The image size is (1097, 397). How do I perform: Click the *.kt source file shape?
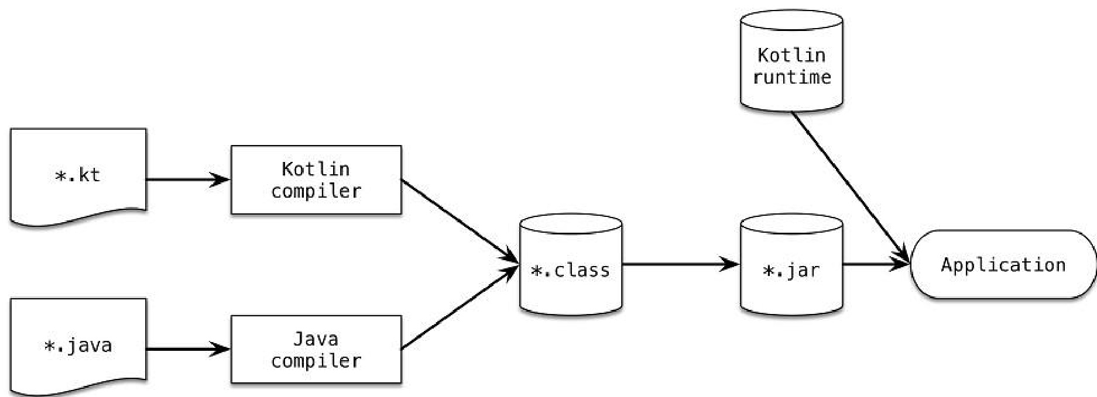point(78,176)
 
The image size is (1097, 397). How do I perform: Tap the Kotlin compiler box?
point(316,180)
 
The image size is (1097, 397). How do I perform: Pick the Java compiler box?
point(316,350)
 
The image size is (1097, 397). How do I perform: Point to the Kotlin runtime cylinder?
point(791,61)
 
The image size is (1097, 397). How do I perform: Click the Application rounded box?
point(1003,265)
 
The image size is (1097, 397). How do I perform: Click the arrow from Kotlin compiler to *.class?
point(460,222)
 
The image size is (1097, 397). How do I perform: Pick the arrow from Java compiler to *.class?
point(460,308)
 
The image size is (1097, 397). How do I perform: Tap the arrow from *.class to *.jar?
point(681,264)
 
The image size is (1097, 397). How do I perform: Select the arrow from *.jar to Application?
point(876,264)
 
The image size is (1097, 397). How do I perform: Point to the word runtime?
point(791,77)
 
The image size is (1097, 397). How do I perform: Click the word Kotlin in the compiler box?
point(316,169)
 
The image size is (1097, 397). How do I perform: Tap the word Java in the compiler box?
point(316,339)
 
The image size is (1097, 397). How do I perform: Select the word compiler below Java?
point(316,361)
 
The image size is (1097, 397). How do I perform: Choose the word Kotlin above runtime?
point(791,55)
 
